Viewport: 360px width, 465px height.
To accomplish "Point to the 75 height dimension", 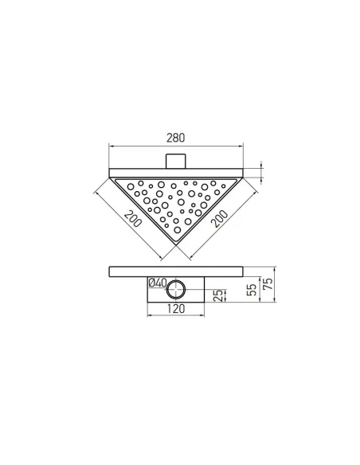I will (x=268, y=285).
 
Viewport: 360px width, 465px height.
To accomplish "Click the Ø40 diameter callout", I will (x=157, y=283).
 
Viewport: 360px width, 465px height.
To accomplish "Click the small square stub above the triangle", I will (x=175, y=160).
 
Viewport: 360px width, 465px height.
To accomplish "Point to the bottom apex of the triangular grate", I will (x=175, y=248).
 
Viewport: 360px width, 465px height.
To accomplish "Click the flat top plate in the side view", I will (x=175, y=269).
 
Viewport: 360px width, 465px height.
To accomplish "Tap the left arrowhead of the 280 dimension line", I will (x=110, y=147).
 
